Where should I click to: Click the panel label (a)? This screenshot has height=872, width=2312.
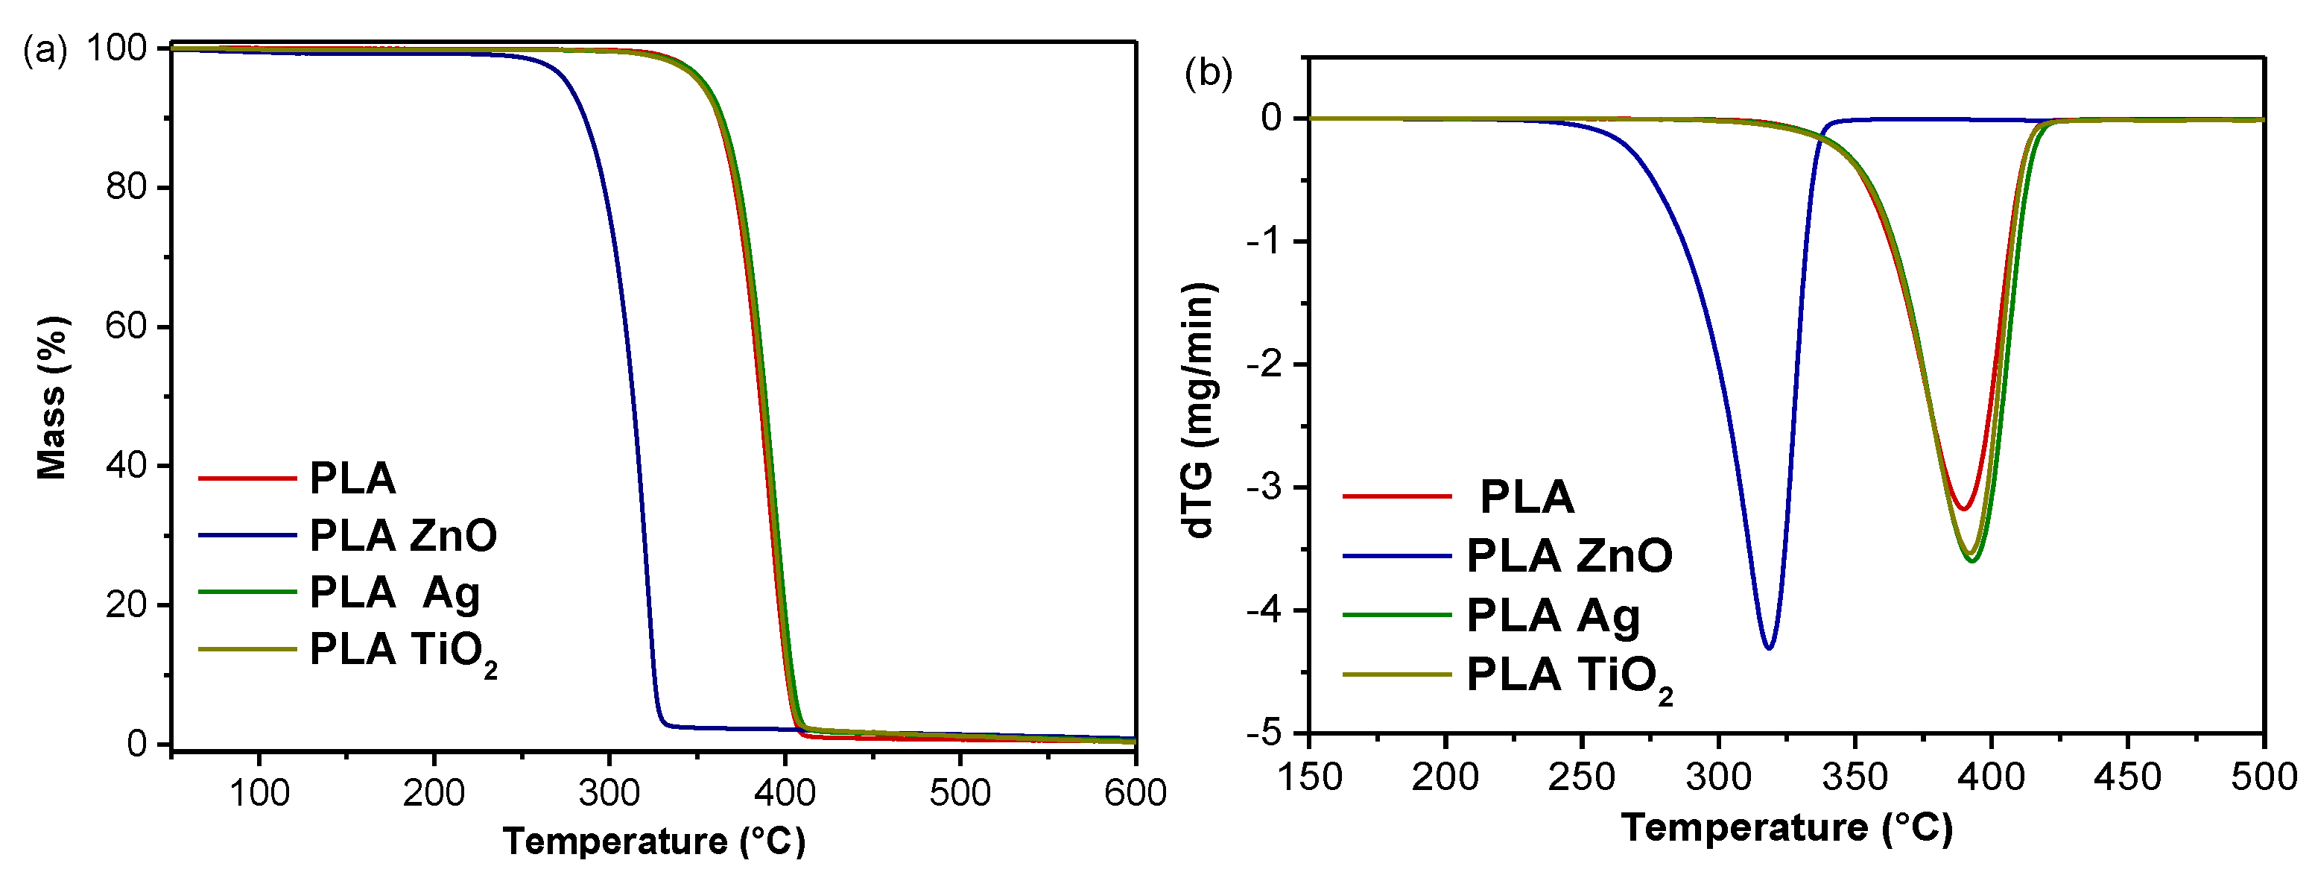[x=44, y=49]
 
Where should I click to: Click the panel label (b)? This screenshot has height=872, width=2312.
[x=1208, y=73]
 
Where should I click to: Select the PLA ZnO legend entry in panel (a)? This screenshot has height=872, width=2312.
[x=402, y=535]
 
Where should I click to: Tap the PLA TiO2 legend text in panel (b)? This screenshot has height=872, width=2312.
[x=1569, y=676]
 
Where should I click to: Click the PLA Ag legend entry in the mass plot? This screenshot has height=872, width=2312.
[x=394, y=593]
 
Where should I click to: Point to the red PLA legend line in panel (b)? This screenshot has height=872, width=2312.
[x=1396, y=496]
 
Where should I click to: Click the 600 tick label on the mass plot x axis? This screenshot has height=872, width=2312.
[x=1135, y=793]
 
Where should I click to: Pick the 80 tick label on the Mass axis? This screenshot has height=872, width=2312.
[x=126, y=187]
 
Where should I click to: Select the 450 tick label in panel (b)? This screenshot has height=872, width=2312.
[x=2127, y=777]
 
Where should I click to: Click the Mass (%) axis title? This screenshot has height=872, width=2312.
[x=51, y=398]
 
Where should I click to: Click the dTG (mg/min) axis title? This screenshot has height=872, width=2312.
[x=1200, y=411]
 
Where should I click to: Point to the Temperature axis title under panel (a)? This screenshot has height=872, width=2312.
[x=653, y=841]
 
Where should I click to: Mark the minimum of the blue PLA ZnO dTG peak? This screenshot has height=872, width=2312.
[x=1769, y=648]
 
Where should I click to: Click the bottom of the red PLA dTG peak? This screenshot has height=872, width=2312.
[x=1964, y=509]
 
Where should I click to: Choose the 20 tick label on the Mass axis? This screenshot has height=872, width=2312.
[x=126, y=604]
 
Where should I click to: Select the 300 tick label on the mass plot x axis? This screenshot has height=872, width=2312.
[x=609, y=793]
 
